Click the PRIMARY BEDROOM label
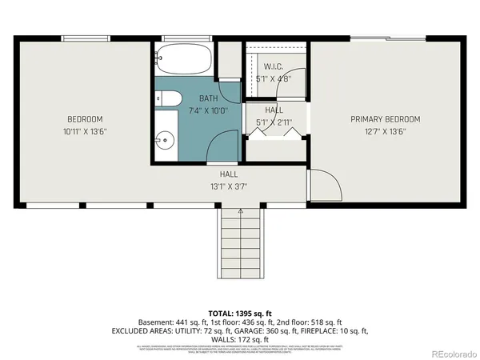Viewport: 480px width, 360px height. pyautogui.click(x=385, y=119)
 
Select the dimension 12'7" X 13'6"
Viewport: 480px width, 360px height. pyautogui.click(x=385, y=131)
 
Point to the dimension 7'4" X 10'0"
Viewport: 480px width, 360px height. pyautogui.click(x=198, y=110)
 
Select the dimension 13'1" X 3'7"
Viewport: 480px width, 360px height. pyautogui.click(x=229, y=186)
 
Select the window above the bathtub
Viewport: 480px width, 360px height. pyautogui.click(x=176, y=38)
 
